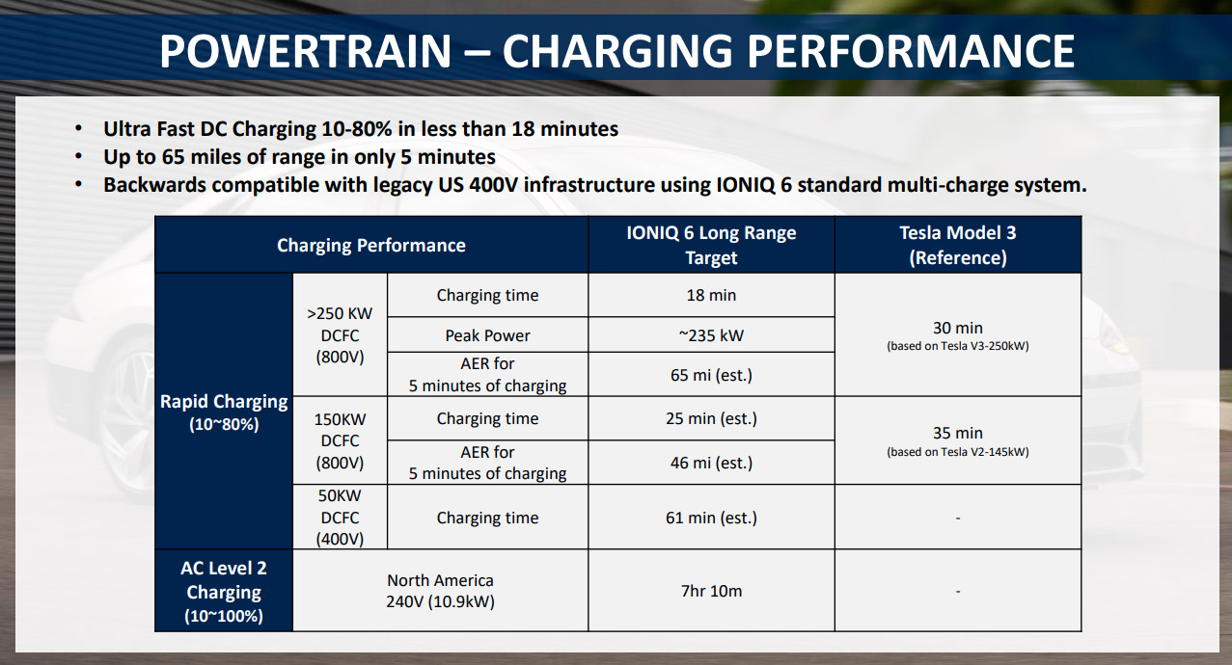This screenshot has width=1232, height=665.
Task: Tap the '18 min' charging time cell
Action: pos(711,296)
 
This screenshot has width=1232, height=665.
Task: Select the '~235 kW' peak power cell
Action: pos(711,335)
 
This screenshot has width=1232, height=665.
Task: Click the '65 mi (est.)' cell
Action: pos(711,375)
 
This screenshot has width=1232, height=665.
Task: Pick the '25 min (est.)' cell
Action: pos(711,419)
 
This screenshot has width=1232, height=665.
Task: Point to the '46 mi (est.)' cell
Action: pos(711,463)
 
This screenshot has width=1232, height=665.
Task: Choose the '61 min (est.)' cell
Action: pos(711,518)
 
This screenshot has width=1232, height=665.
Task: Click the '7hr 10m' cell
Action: pos(711,591)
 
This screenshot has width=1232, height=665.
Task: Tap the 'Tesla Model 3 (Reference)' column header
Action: pos(957,245)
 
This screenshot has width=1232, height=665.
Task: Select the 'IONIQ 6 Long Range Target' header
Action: pos(711,245)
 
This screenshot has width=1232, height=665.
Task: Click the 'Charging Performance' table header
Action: pos(371,246)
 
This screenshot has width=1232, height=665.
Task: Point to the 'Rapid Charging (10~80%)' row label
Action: pos(224,412)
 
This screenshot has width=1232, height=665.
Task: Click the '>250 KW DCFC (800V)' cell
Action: pos(340,335)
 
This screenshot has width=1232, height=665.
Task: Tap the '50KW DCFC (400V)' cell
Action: pos(340,518)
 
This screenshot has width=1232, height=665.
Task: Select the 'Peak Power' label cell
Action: pos(487,335)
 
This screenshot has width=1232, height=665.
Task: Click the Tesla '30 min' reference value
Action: pos(957,328)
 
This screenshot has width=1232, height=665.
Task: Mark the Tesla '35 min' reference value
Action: pos(957,434)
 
